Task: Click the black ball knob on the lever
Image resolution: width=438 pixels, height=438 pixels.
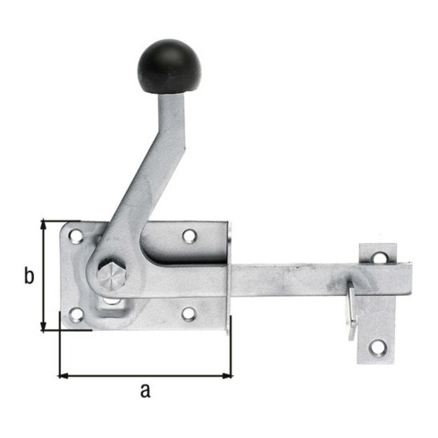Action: pyautogui.click(x=169, y=66)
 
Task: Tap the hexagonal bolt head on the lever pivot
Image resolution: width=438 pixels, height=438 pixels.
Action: pyautogui.click(x=112, y=275)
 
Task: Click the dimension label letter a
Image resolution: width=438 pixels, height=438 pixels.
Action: pyautogui.click(x=146, y=391)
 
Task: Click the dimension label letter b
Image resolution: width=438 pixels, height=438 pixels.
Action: pyautogui.click(x=29, y=276)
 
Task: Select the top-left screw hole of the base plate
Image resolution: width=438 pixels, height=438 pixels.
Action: pyautogui.click(x=76, y=236)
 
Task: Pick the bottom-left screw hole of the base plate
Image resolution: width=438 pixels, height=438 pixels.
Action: pyautogui.click(x=77, y=315)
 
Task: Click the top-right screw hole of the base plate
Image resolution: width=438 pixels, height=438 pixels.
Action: pyautogui.click(x=190, y=236)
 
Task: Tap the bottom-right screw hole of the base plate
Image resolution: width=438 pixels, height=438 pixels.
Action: pyautogui.click(x=189, y=314)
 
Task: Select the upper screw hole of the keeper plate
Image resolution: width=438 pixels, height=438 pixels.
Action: pyautogui.click(x=381, y=257)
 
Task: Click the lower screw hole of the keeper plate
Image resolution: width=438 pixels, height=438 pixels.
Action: pyautogui.click(x=378, y=349)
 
